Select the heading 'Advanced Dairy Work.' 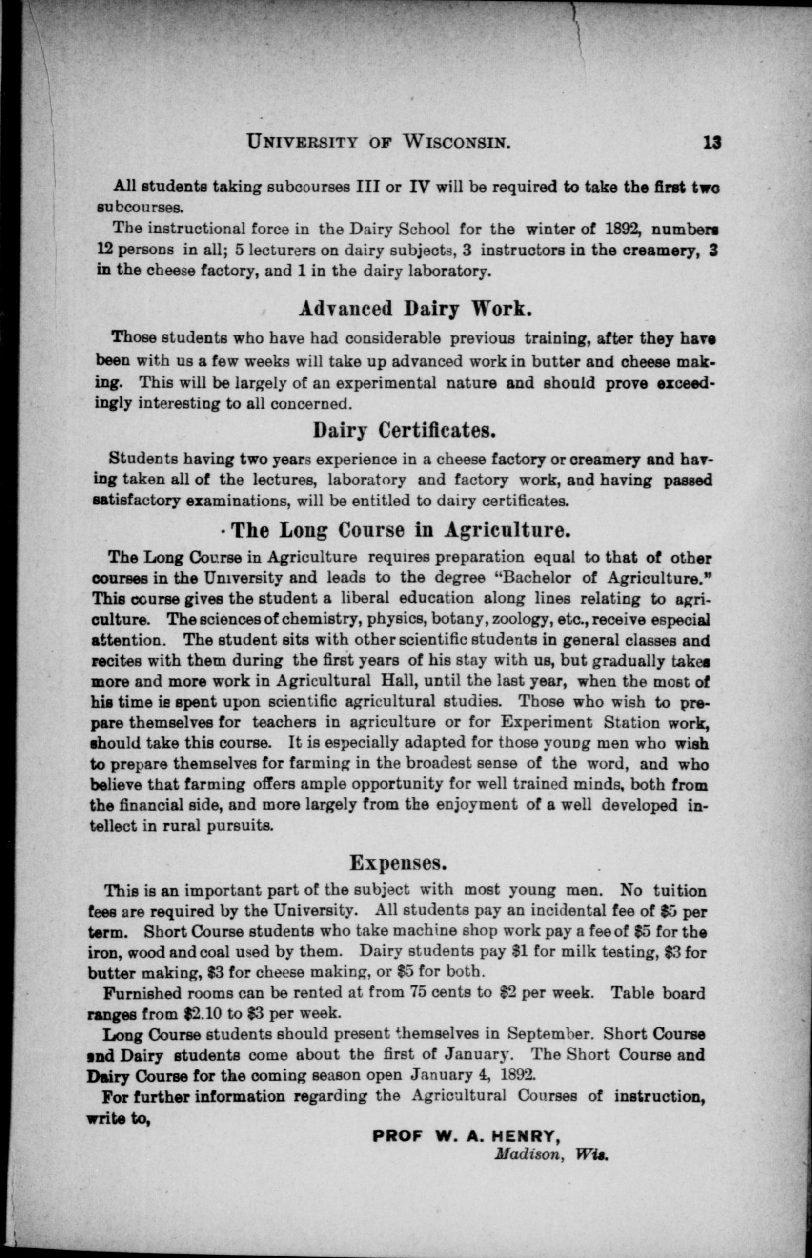point(415,309)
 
